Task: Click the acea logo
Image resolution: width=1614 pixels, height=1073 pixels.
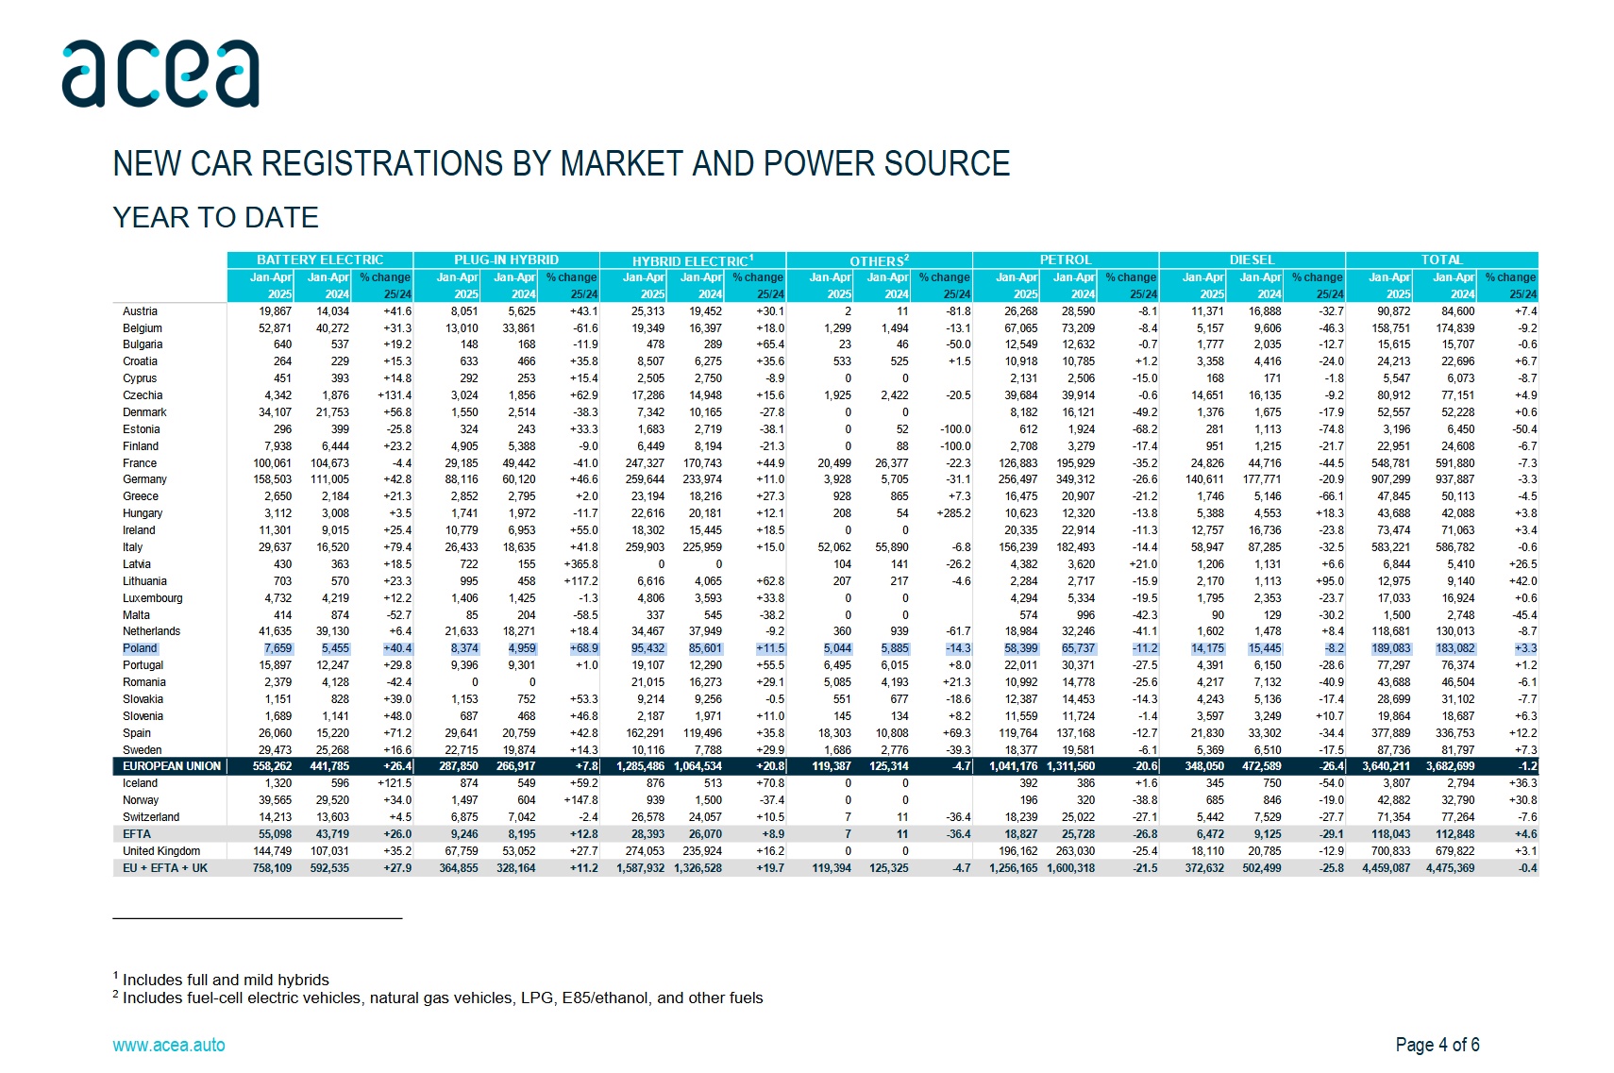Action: tap(160, 74)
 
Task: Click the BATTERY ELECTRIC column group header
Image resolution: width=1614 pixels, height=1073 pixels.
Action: tap(320, 260)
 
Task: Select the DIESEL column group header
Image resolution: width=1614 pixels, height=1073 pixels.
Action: tap(1253, 260)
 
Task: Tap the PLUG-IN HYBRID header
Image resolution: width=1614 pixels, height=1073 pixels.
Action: tap(506, 260)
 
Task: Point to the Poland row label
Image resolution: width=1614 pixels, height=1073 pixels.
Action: tap(139, 648)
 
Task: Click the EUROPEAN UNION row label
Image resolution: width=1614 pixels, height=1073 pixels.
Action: tap(172, 766)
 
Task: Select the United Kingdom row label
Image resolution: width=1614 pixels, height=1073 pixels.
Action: tap(161, 851)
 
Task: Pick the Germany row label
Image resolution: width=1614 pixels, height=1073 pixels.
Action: tap(144, 479)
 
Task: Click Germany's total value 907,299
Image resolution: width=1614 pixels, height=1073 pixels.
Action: tap(1390, 479)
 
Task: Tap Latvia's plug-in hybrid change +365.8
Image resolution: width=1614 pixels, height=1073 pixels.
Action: tap(580, 564)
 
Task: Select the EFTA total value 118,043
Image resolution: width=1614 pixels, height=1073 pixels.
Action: tap(1390, 833)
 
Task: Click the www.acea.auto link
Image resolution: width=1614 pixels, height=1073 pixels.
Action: tap(169, 1045)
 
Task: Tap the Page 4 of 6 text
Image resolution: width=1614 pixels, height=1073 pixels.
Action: tap(1437, 1045)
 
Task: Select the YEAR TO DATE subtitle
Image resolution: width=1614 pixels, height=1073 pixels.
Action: tap(215, 218)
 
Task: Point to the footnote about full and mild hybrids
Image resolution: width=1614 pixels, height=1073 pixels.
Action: tap(221, 980)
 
